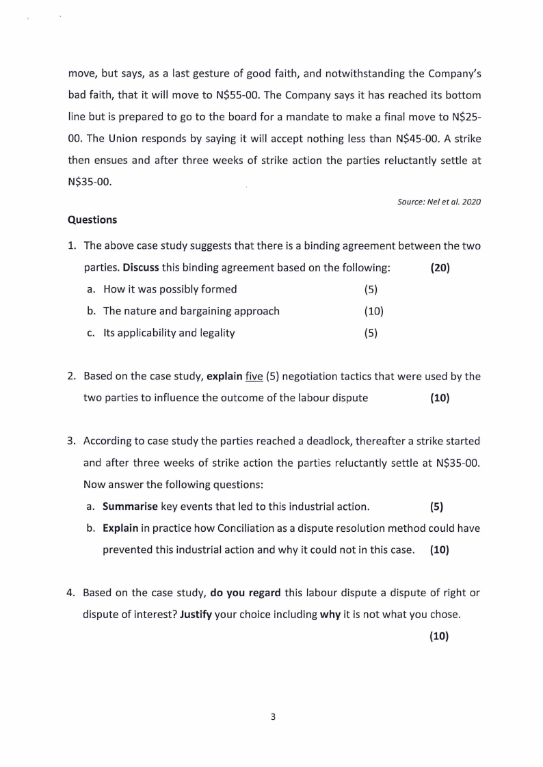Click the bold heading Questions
[x=92, y=220]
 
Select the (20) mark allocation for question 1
[x=440, y=267]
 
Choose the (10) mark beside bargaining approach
[x=374, y=311]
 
